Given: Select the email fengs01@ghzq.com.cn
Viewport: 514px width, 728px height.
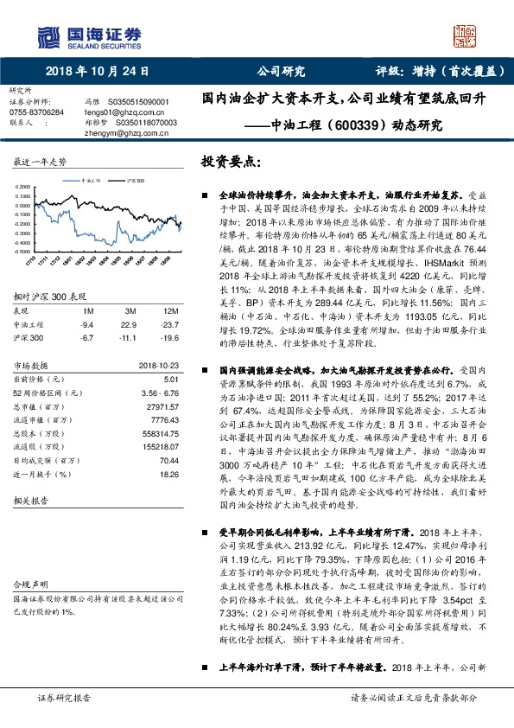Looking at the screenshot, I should (x=117, y=112).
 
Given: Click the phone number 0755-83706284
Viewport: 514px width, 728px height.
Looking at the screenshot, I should (x=35, y=112).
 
